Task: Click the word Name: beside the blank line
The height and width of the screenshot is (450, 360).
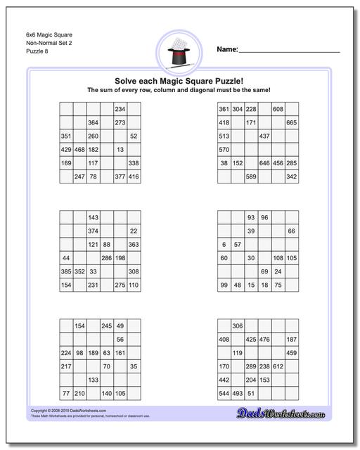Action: point(226,49)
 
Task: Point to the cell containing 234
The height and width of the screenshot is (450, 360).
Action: point(120,109)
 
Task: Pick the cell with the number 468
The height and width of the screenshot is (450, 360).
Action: point(79,150)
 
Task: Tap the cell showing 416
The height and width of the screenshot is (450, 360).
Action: point(134,177)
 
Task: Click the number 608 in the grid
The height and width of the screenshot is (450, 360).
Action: point(278,109)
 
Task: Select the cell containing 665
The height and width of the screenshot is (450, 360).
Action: point(291,122)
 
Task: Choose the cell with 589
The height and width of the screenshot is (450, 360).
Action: point(250,177)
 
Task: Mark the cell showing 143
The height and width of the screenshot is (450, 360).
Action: point(93,217)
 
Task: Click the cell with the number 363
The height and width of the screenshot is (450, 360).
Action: point(134,245)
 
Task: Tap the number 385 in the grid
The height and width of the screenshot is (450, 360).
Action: point(66,271)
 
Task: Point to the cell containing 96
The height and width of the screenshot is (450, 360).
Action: point(264,217)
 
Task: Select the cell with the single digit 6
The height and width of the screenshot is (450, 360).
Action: point(224,245)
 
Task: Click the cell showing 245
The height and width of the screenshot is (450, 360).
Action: point(106,326)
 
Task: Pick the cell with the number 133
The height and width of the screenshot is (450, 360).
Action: point(93,380)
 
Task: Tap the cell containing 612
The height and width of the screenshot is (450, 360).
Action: point(278,366)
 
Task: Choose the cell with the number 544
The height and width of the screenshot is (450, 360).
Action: point(224,394)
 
